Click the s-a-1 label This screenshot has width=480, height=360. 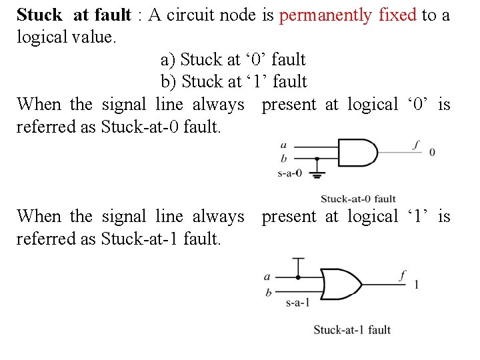pos(297,303)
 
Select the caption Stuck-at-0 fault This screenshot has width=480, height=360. pos(358,199)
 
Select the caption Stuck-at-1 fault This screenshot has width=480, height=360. pos(352,329)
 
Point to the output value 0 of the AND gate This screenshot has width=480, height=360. pos(432,153)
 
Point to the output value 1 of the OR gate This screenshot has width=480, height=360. pos(417,284)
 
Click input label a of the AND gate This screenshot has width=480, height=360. pos(284,144)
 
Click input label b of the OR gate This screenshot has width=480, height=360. pos(268,292)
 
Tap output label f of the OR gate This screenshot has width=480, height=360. pos(402,274)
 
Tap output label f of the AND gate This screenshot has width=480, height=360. pos(417,143)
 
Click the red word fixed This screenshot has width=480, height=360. pos(398,15)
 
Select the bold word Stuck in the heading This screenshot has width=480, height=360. pos(39,15)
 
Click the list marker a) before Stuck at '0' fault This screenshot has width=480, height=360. pos(167,60)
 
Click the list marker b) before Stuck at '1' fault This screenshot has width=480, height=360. pos(168,82)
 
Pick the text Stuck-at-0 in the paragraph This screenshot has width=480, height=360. pos(139,127)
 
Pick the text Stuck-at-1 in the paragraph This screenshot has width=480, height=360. pos(139,239)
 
